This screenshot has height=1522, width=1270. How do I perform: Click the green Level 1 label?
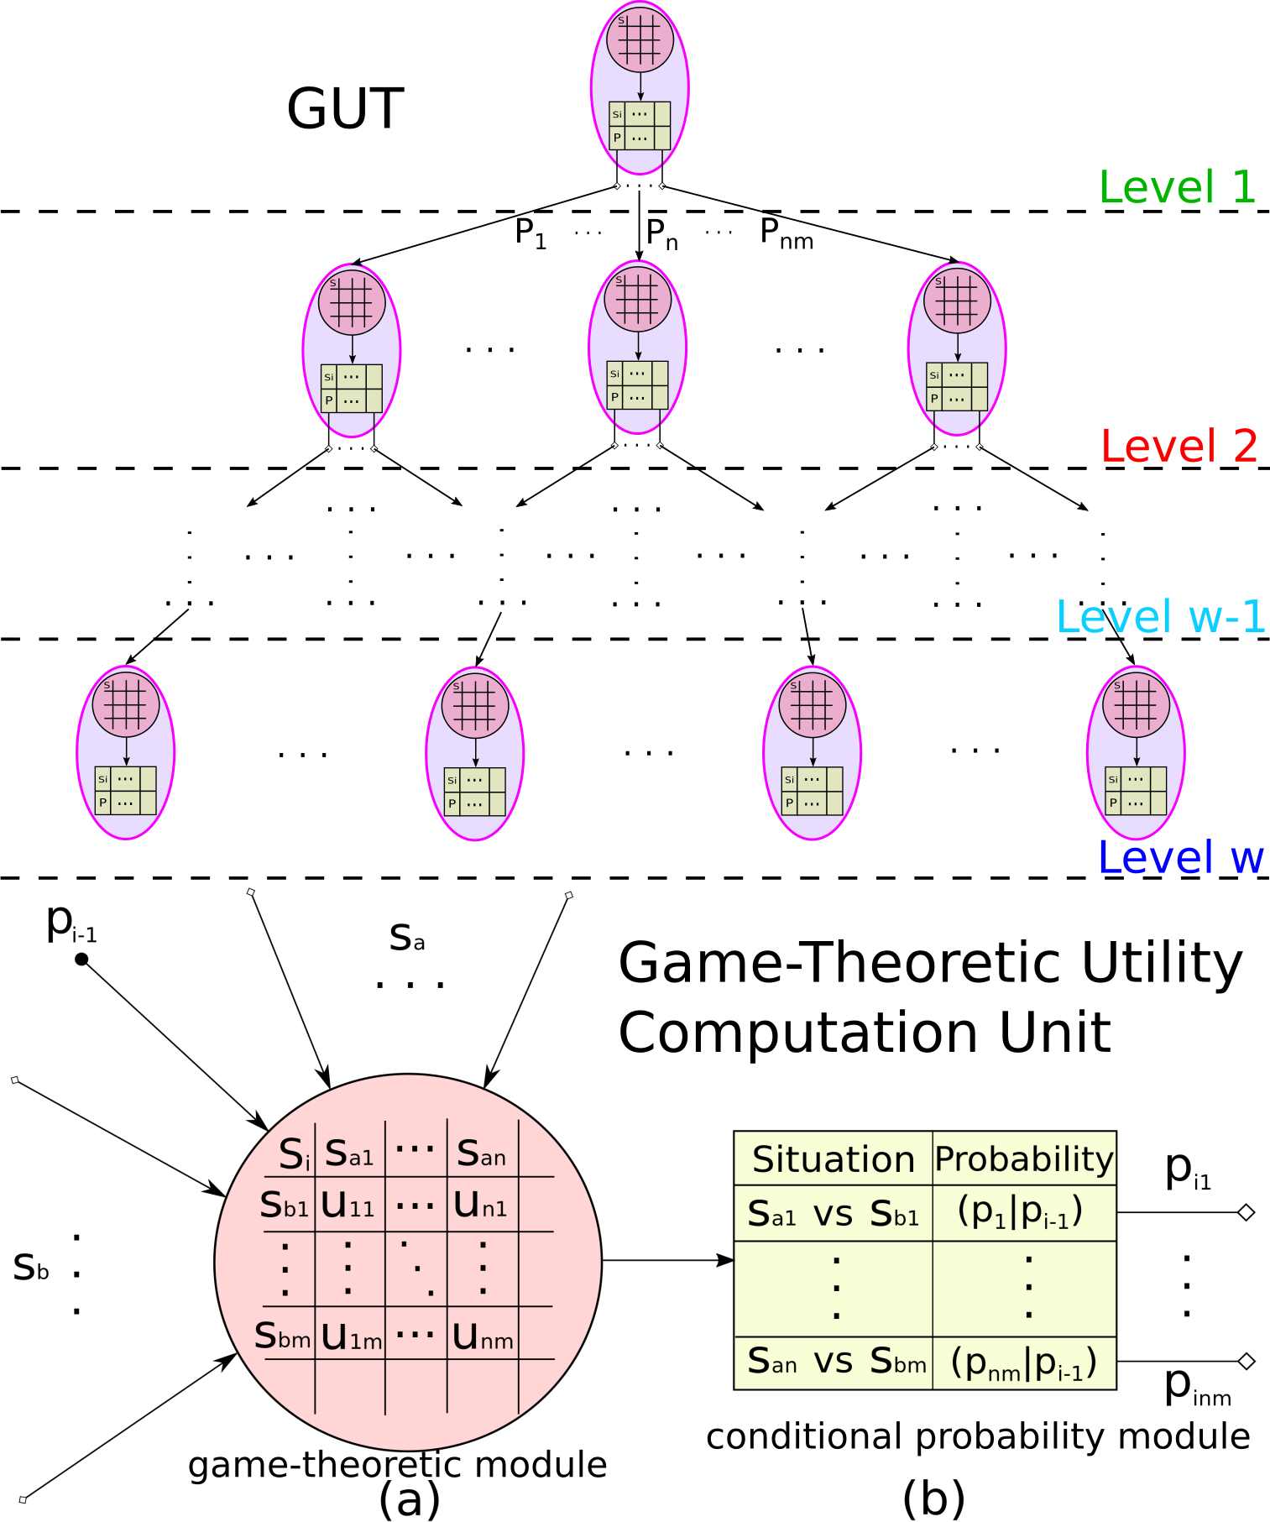(1177, 187)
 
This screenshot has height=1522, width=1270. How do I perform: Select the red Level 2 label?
(1179, 446)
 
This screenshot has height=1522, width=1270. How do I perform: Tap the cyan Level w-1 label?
(1160, 617)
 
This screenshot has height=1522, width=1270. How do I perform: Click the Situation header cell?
(833, 1159)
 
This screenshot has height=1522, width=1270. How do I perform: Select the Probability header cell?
(1024, 1159)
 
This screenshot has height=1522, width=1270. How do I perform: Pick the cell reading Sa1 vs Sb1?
(833, 1213)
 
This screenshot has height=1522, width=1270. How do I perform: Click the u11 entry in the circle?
(348, 1206)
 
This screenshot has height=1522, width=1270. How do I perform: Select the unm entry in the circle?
(482, 1336)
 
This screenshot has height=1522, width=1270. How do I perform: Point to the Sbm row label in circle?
(283, 1335)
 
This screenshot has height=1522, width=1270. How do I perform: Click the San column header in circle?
(481, 1153)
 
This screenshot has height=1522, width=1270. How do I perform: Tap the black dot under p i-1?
(81, 959)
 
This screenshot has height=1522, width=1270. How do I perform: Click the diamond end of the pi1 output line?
(1246, 1212)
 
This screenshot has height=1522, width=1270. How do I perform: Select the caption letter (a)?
(409, 1498)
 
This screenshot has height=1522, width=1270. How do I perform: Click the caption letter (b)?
(933, 1498)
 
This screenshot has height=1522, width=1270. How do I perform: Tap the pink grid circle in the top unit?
(640, 39)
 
